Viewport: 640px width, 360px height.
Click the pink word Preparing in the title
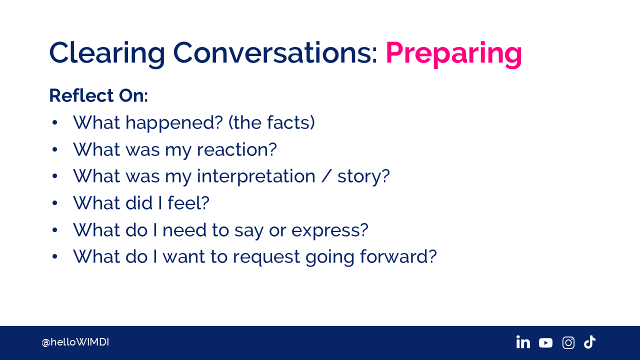click(453, 54)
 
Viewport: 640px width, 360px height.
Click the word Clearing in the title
click(107, 54)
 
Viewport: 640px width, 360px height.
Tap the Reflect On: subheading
click(98, 95)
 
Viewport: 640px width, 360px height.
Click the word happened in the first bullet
click(174, 123)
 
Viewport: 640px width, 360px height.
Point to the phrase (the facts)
click(271, 122)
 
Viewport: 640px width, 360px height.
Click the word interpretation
click(256, 176)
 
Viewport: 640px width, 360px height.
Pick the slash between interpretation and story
click(326, 176)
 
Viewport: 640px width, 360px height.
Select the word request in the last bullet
click(266, 257)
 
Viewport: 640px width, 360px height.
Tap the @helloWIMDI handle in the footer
click(75, 342)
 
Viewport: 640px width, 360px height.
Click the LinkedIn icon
click(523, 342)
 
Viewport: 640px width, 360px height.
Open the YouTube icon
click(545, 343)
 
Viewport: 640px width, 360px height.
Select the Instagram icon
click(568, 342)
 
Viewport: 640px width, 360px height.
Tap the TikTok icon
click(589, 342)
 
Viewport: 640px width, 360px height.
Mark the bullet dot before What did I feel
click(55, 203)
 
